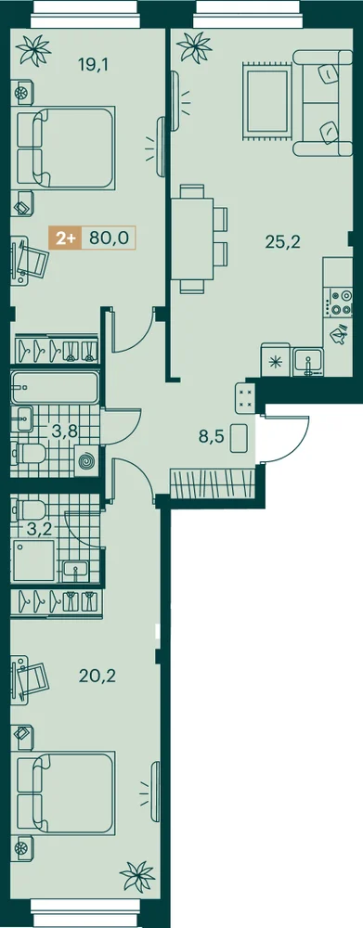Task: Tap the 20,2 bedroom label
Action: (x=97, y=675)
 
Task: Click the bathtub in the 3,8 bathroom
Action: (x=55, y=387)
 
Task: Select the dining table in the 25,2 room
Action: (x=192, y=238)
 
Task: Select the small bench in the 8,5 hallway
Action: (x=240, y=438)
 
